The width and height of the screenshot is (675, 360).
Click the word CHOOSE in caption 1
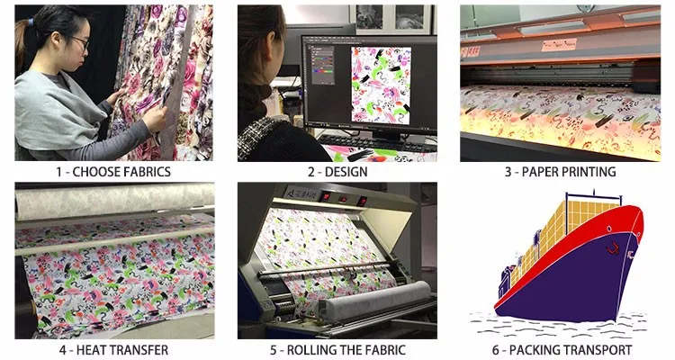point(95,172)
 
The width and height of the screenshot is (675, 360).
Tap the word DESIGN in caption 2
point(346,172)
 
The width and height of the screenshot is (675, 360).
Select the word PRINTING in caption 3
point(589,172)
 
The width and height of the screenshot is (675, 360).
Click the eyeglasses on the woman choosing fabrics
point(81,41)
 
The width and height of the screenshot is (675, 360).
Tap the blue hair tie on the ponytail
point(31,21)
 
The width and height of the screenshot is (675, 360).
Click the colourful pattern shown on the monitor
point(381,85)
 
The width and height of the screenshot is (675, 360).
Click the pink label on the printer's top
point(559,45)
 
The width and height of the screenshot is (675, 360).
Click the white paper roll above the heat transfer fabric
point(114,200)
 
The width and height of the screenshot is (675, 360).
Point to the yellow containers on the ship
point(568,231)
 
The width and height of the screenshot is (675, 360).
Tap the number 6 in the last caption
point(496,350)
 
